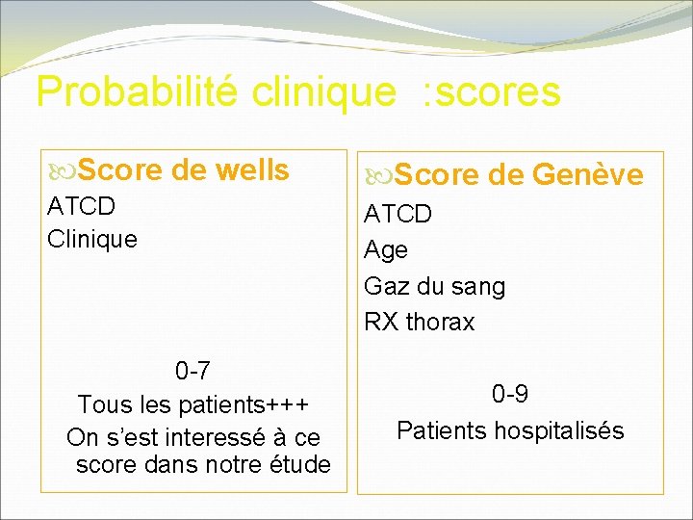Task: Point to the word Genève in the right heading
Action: coord(588,175)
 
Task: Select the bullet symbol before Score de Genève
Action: coord(378,176)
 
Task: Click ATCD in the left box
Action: coord(81,207)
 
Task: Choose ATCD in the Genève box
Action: coord(398,214)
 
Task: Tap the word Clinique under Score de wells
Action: coord(92,238)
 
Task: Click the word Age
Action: coord(386,250)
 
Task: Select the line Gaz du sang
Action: coord(434,286)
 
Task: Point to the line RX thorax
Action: coord(419,322)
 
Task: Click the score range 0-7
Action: coord(192,371)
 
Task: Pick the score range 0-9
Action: coord(509,394)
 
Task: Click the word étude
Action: coord(300,465)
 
